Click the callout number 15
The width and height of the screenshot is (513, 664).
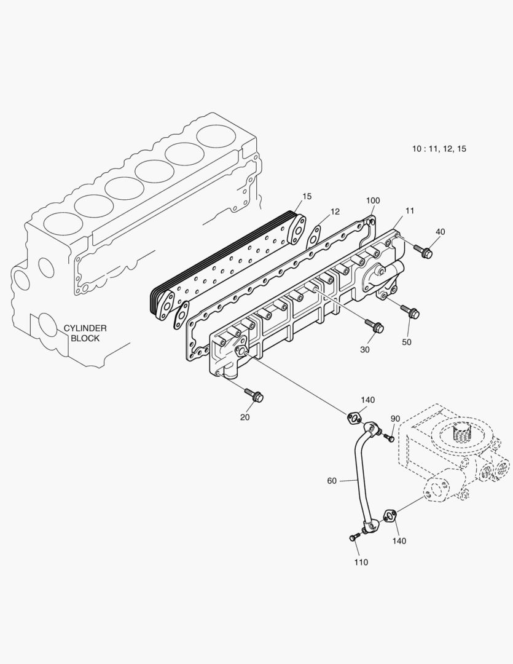(x=307, y=196)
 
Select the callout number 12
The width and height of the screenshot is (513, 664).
(x=334, y=211)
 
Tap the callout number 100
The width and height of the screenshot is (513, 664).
(x=373, y=201)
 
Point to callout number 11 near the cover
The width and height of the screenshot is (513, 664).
(x=410, y=210)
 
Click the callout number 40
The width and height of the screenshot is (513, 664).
(x=441, y=232)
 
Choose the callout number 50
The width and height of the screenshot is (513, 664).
(x=407, y=342)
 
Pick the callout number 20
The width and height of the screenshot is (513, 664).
(x=245, y=417)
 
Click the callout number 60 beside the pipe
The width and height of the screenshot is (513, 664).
(x=332, y=481)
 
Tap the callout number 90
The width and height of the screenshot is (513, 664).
(x=395, y=419)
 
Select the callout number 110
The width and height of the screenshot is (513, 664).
(x=361, y=562)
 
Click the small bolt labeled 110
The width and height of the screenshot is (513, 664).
(x=353, y=537)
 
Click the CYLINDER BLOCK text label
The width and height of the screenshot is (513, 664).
(x=85, y=333)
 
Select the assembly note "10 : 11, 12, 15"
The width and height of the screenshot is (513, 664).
(x=439, y=149)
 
